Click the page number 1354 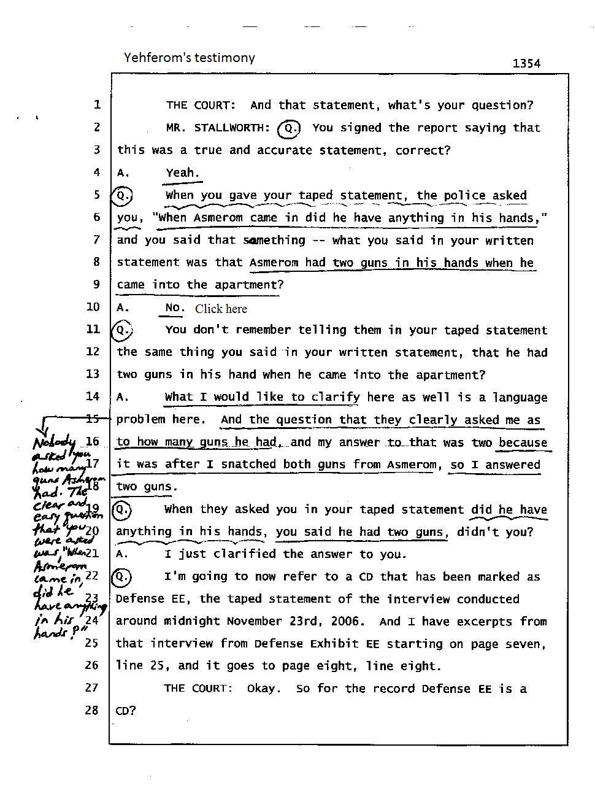[526, 63]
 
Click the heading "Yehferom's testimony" [189, 58]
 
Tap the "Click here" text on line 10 [221, 309]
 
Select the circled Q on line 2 [288, 128]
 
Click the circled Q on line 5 [122, 195]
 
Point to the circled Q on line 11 [122, 330]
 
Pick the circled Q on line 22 [122, 577]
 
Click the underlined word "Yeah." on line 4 [182, 173]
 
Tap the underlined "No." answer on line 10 [174, 307]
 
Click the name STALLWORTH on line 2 [232, 128]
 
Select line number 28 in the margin [91, 710]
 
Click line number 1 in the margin [97, 105]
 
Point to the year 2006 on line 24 [345, 621]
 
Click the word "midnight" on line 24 [192, 621]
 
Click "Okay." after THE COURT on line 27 [264, 689]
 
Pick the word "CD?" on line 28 [126, 711]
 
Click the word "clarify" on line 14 [336, 397]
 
